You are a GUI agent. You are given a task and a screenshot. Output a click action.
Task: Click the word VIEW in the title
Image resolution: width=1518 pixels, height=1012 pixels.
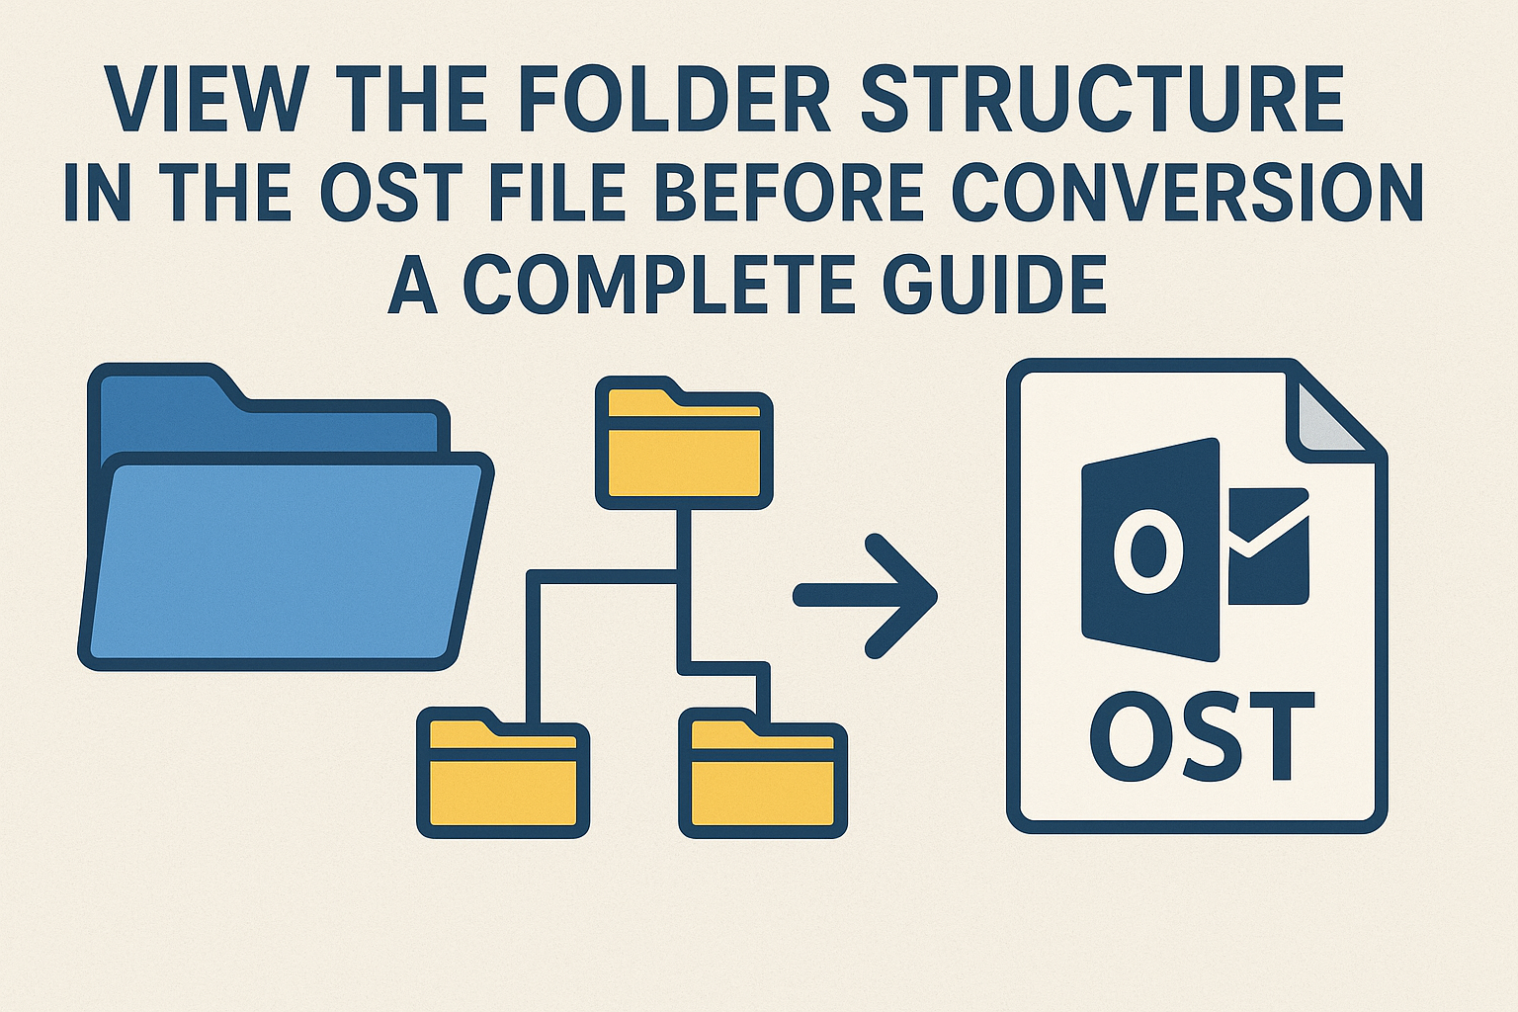(x=202, y=98)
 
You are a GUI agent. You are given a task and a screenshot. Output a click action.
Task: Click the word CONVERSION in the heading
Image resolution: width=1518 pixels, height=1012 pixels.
(x=1187, y=190)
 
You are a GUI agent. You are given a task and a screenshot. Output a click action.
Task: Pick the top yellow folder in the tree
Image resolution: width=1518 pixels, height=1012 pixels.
(x=684, y=443)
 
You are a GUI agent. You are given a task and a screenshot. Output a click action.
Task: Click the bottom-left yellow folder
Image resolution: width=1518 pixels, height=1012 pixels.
(x=503, y=772)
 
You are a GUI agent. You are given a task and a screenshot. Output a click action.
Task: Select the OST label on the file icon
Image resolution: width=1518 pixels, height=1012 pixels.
(x=1202, y=737)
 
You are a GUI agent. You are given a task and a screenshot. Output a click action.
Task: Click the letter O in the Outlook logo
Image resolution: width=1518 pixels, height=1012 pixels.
(x=1148, y=550)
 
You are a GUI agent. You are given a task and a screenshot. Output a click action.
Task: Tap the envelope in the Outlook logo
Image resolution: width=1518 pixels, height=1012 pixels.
(x=1268, y=547)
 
